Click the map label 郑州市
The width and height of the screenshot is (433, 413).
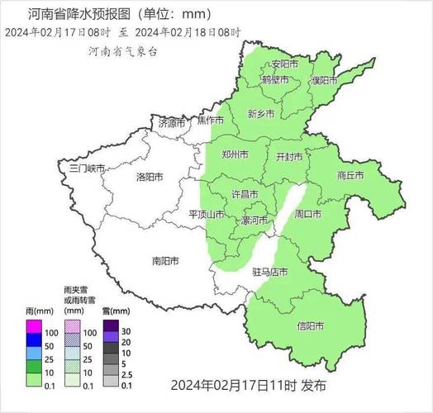point(235,154)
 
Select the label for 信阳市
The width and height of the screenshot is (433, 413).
point(310,325)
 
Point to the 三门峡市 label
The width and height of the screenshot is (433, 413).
point(87,168)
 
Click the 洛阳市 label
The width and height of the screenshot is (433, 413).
point(150,177)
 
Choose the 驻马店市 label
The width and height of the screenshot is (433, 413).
point(269,271)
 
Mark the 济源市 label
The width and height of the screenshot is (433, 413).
point(172,123)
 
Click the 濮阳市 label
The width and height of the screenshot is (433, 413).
point(324,80)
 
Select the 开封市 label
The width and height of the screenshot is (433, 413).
point(289,156)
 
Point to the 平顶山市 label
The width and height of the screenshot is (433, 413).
point(207,214)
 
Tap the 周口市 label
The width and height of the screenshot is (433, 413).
point(307,214)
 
